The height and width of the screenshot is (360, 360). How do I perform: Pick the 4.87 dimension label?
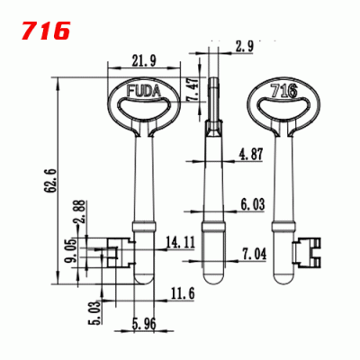252,155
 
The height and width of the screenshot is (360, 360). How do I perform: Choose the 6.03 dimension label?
252,205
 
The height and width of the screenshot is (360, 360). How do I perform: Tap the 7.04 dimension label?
253,255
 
